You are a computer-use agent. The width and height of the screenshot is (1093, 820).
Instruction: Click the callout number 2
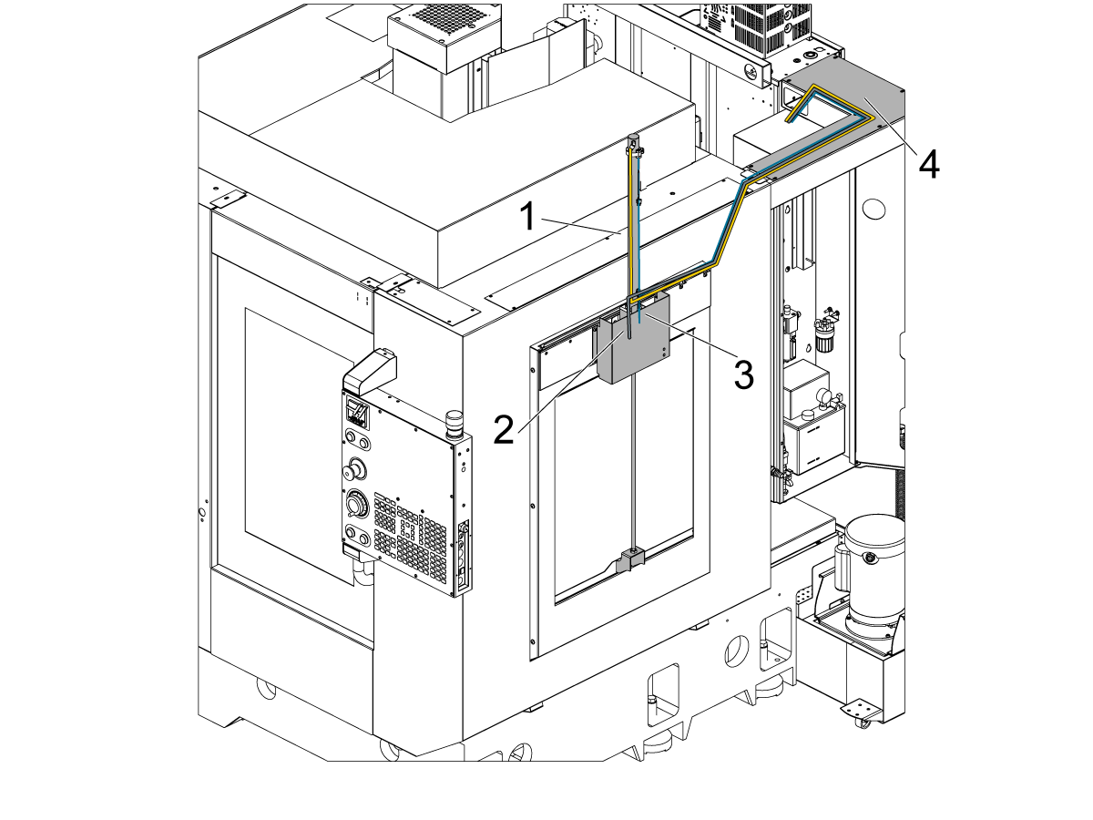(x=504, y=427)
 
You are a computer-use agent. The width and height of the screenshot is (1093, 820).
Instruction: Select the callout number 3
(x=744, y=374)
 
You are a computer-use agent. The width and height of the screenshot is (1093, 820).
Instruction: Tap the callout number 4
(x=928, y=164)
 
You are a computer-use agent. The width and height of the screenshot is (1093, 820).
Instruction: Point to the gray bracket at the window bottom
(x=630, y=559)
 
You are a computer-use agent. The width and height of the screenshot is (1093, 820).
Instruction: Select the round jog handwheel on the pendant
(x=356, y=504)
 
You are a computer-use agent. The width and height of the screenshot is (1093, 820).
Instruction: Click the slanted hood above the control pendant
(x=370, y=369)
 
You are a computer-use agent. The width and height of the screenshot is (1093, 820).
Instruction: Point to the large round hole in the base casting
(x=734, y=651)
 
